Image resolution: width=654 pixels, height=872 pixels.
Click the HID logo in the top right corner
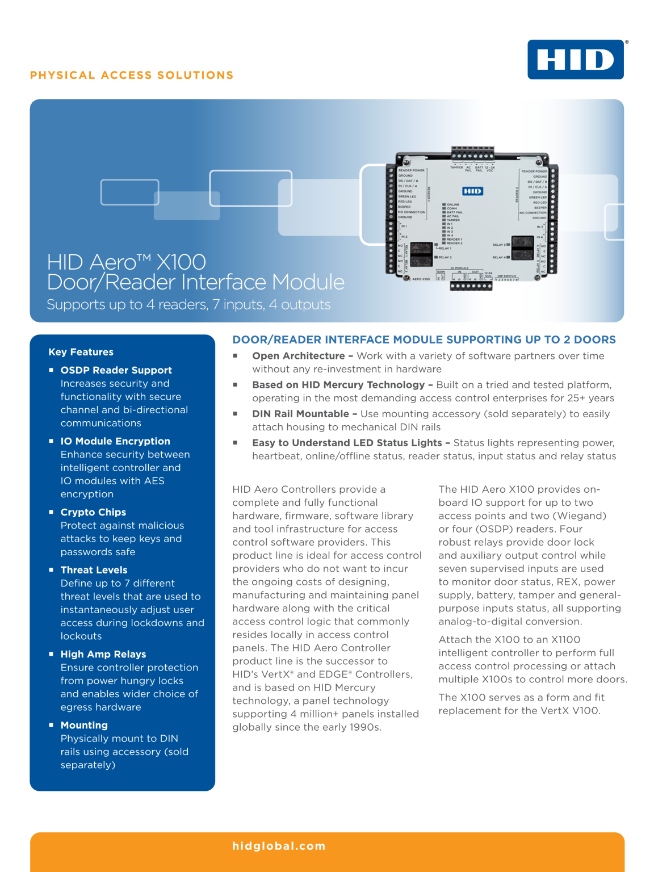[575, 60]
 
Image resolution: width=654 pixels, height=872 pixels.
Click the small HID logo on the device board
[472, 191]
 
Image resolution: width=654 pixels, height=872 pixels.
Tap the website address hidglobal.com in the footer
[279, 846]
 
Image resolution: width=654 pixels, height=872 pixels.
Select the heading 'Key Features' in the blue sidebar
[81, 352]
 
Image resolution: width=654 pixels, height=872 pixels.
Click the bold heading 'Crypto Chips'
[93, 512]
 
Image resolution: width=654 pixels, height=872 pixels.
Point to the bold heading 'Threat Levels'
[94, 570]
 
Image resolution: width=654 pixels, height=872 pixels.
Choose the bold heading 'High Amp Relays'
[103, 654]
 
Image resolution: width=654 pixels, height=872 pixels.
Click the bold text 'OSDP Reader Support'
[116, 370]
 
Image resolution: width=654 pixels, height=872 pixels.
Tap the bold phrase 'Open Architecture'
[299, 356]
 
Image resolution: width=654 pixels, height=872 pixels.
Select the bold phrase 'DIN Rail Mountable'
[300, 414]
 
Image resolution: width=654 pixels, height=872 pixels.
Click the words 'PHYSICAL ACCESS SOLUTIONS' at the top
[132, 76]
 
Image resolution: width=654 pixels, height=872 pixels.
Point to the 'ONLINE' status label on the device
[453, 204]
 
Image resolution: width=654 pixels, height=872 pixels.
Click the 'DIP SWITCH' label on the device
[507, 276]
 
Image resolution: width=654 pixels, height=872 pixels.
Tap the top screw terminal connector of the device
[472, 154]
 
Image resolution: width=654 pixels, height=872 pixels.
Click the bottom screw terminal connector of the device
[471, 286]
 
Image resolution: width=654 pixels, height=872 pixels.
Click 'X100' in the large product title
[181, 262]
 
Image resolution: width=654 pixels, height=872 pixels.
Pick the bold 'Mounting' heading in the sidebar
[84, 725]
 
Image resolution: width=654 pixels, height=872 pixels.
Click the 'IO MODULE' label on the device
[459, 268]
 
